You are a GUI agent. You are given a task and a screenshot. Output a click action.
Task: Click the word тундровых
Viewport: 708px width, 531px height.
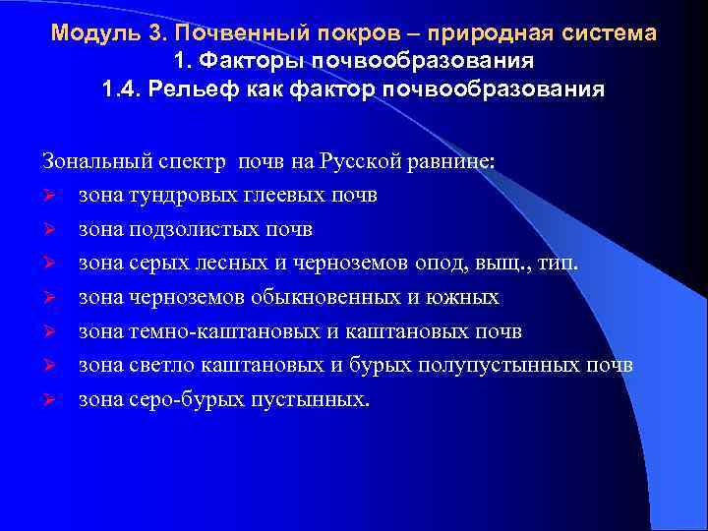170,195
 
